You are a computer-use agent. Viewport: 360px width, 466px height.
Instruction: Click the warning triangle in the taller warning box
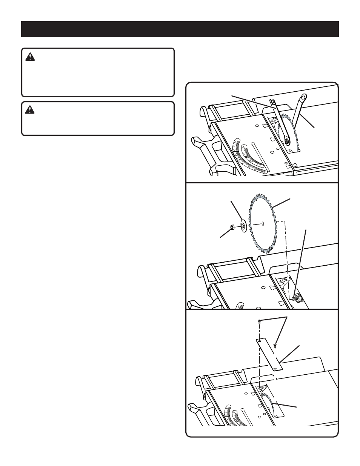tap(29, 57)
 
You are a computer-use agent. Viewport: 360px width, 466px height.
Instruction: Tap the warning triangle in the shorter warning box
tap(29, 110)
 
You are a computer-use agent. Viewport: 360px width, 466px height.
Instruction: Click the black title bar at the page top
tap(180, 29)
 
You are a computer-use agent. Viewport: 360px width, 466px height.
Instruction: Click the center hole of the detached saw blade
tap(263, 223)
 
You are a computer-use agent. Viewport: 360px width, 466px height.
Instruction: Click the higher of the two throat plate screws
tap(259, 321)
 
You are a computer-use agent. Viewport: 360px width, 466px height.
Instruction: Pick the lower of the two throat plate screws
tap(276, 345)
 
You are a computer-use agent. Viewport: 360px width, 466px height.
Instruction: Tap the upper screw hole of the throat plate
tap(259, 341)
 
